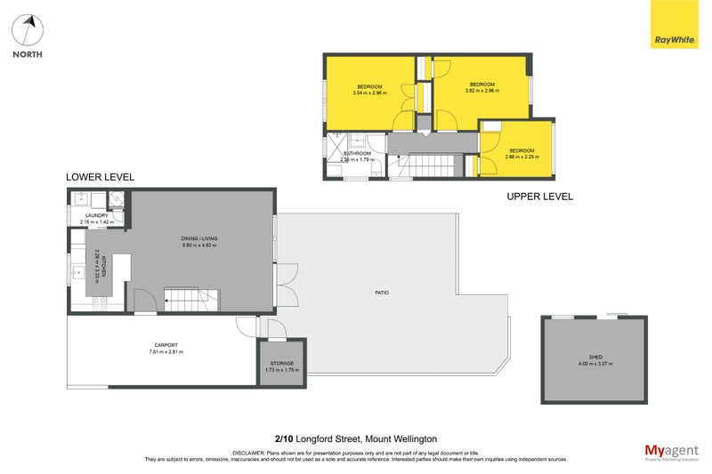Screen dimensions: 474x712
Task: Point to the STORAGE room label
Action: tap(281, 364)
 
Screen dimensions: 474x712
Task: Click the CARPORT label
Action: tap(166, 345)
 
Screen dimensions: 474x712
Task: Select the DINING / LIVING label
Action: tap(200, 238)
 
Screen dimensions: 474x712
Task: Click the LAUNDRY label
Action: tap(96, 215)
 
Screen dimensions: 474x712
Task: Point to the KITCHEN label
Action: tap(103, 265)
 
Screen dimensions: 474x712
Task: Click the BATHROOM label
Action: tap(358, 153)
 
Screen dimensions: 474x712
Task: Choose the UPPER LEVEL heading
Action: tap(539, 196)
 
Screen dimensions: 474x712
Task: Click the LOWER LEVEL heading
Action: tap(101, 178)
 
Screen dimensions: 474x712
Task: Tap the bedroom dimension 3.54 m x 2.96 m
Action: tap(369, 92)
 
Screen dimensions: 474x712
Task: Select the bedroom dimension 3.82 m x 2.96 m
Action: tap(482, 91)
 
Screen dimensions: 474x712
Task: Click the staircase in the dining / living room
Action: tap(191, 300)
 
